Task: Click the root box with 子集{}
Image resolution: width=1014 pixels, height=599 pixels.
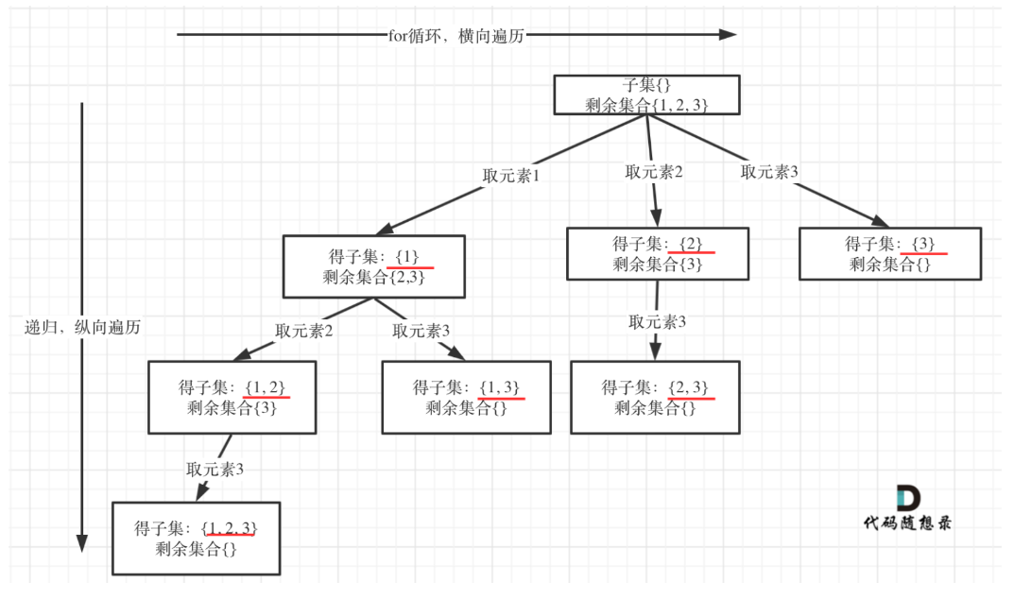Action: pos(646,94)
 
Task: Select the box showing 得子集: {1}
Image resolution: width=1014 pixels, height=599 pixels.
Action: pos(372,266)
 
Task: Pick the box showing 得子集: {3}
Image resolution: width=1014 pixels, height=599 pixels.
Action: pos(889,253)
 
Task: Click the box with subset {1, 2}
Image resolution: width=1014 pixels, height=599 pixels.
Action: pos(232,397)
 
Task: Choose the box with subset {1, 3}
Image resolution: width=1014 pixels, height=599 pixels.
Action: pos(466,397)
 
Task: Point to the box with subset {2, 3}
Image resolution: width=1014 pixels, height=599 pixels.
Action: pos(655,397)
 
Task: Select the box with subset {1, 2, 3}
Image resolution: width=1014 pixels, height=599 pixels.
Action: pos(197,538)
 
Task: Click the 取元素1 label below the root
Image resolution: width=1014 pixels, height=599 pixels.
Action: pos(510,176)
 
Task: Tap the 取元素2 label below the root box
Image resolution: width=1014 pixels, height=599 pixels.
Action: pos(654,172)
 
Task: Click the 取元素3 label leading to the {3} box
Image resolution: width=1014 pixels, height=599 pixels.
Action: pos(769,172)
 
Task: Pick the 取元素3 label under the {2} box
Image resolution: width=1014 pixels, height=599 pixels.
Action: pos(657,321)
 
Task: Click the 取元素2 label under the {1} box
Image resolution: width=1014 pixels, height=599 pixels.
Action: pos(304,331)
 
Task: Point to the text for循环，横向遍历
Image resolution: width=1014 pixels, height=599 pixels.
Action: pos(455,36)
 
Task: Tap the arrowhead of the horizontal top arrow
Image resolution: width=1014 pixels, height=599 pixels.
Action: pos(727,35)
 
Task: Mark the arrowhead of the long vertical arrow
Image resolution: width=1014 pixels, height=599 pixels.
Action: pos(82,543)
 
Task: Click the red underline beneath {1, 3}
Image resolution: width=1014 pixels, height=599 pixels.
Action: pos(501,399)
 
